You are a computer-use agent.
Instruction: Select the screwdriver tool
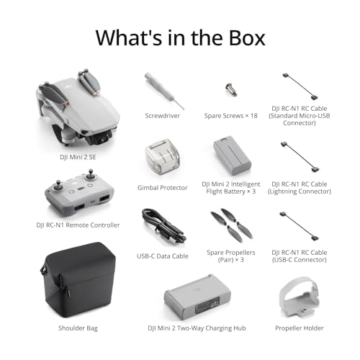[x=161, y=89]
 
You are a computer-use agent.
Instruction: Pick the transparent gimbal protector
[x=163, y=156]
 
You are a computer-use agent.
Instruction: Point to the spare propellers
[x=231, y=225]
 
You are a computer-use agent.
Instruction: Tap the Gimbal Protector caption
[x=162, y=188]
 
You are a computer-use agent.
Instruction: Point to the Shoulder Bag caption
[x=77, y=328]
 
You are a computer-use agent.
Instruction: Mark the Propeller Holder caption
[x=300, y=328]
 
